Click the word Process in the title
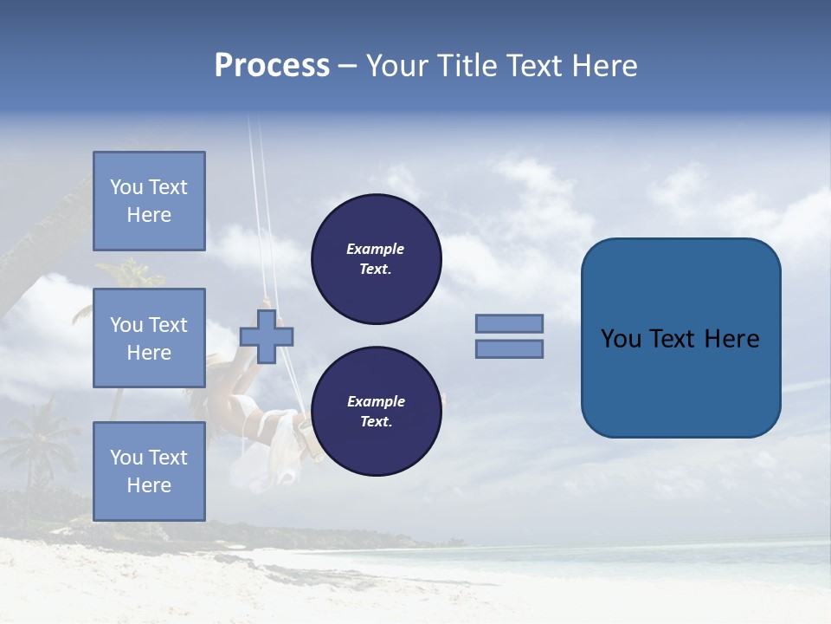pos(272,66)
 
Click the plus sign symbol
pos(267,336)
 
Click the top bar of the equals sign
pos(509,323)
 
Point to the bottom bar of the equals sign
pos(509,349)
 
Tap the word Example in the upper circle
pos(376,250)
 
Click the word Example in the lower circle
pos(376,401)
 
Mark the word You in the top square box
pos(126,187)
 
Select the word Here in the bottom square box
pos(149,485)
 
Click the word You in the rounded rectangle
pos(620,339)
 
